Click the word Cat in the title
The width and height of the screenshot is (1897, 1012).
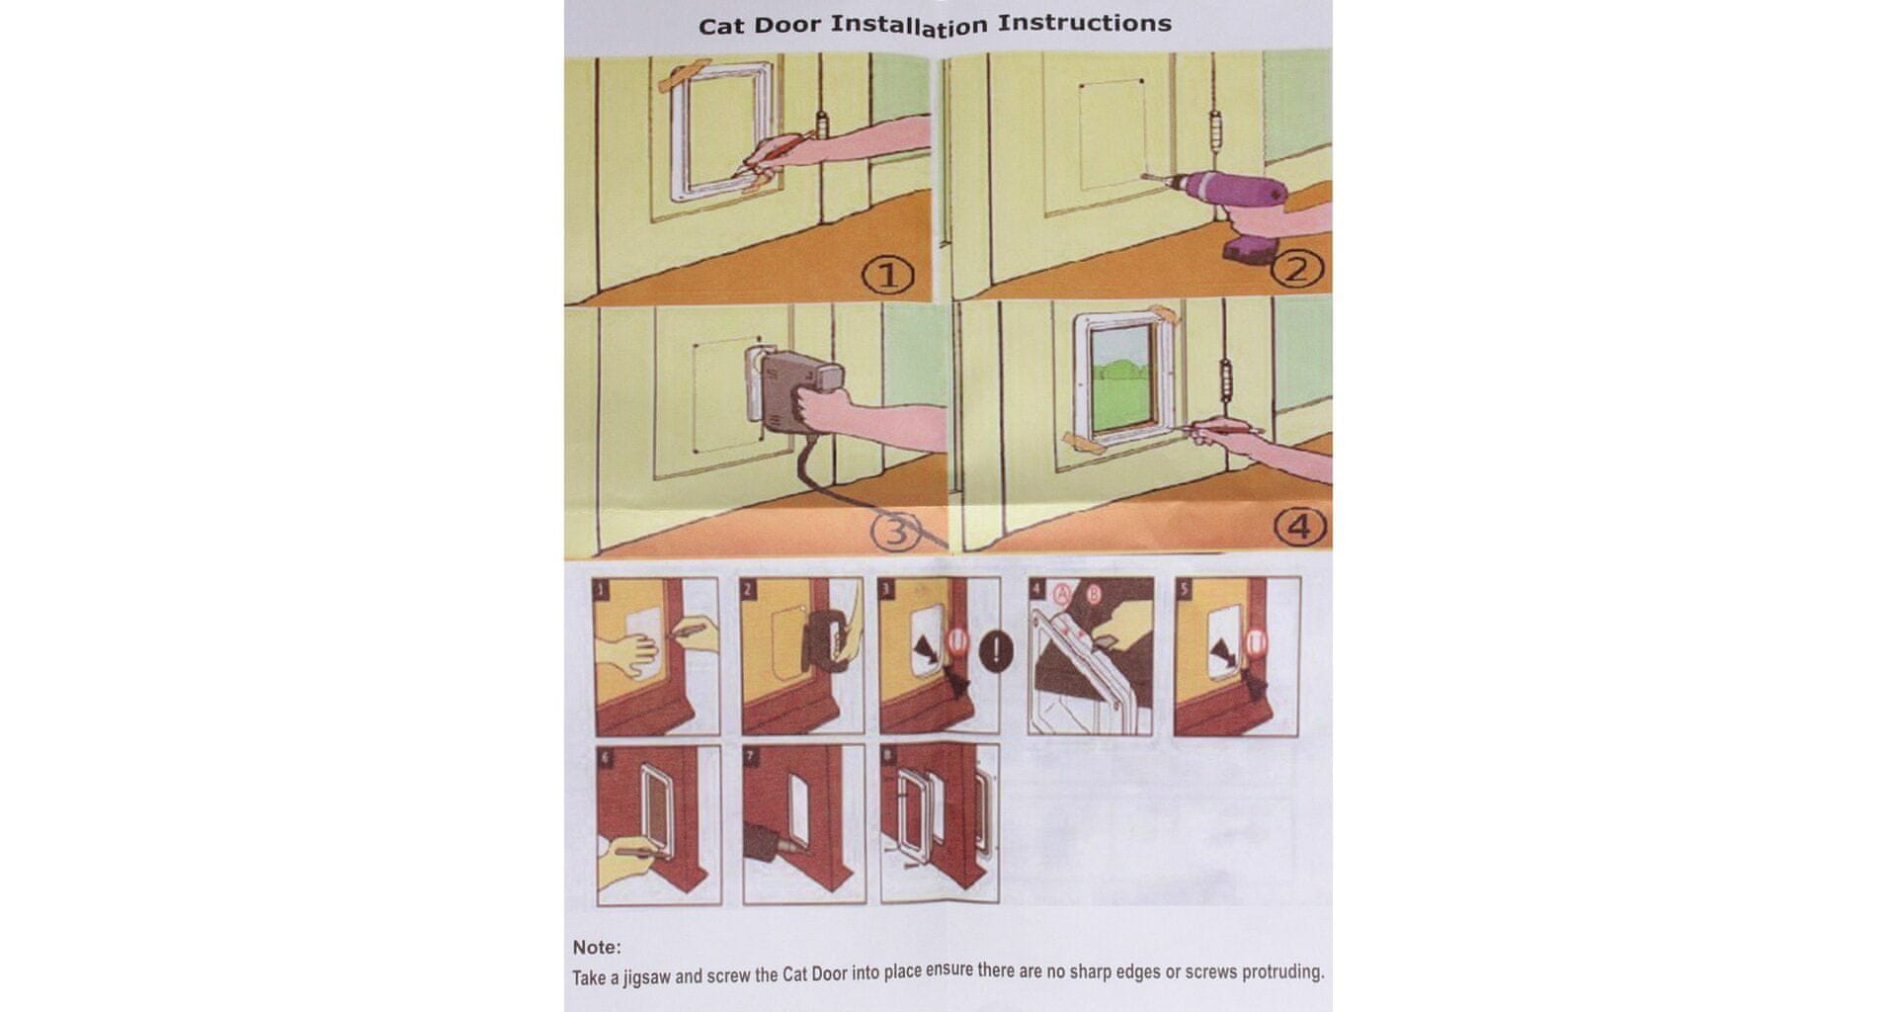723,27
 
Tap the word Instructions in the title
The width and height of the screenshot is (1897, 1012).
1085,23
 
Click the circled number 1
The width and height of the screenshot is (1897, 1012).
888,276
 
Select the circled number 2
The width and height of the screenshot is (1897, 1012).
1296,269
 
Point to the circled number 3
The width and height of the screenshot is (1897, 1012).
895,533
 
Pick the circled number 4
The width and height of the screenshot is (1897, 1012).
1299,528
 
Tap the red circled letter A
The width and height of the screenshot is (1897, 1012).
1063,594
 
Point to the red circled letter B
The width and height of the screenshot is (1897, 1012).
1094,595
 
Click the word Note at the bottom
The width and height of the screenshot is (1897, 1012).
597,947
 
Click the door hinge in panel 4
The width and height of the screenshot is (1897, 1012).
1227,380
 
